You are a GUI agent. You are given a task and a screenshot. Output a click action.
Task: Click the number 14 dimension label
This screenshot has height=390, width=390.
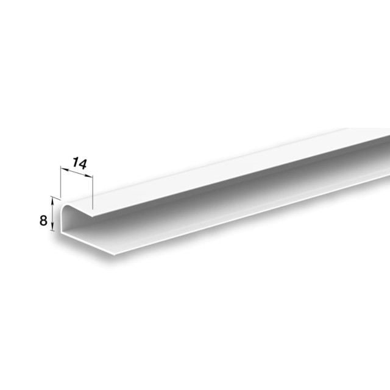click(x=80, y=163)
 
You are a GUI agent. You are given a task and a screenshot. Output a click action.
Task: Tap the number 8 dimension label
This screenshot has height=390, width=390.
click(x=43, y=221)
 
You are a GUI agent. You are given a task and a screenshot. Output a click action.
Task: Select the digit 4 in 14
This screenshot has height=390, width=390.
click(x=83, y=165)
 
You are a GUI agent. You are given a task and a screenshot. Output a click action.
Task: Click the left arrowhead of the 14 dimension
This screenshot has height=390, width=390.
click(x=65, y=169)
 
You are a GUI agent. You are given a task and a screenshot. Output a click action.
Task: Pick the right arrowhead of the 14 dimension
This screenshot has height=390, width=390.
click(x=89, y=176)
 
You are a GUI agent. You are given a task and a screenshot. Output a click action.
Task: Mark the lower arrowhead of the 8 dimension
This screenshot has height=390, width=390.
click(x=52, y=227)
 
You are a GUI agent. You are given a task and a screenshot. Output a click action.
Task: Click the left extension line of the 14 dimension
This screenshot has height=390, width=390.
click(x=61, y=182)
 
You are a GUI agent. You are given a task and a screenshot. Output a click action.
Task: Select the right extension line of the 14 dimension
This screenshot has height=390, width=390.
click(x=93, y=192)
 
